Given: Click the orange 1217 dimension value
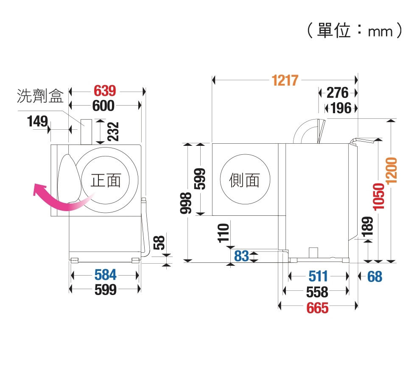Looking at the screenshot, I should [285, 80].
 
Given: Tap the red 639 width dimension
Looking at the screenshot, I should [104, 91].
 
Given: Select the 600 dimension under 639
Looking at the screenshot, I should [104, 106].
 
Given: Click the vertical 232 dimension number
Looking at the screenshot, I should [113, 131].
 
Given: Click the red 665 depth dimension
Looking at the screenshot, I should [318, 308].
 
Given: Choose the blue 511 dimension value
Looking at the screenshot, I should [318, 276].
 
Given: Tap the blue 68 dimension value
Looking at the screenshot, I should [375, 277].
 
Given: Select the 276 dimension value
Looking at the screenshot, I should [338, 93].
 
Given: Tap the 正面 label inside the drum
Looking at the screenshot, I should [106, 181].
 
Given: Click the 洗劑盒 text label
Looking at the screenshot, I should [40, 96].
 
